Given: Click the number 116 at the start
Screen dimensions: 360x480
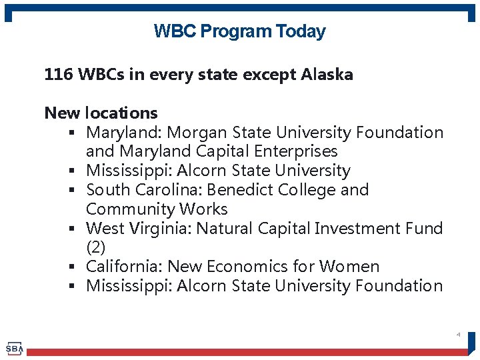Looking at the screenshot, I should (x=59, y=75).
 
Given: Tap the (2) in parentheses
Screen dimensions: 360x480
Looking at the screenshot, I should (x=96, y=247).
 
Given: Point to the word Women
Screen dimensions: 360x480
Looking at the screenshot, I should (x=349, y=267).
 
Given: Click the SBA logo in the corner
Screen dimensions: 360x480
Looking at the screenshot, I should (x=14, y=348).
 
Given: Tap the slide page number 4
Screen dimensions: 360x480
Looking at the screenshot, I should (x=458, y=334).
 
